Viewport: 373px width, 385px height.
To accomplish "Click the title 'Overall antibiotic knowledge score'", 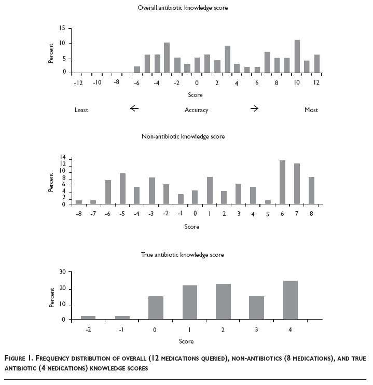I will (183, 8).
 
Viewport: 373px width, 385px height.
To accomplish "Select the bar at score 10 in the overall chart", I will (297, 57).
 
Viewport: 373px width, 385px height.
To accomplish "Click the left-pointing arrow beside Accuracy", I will (134, 108).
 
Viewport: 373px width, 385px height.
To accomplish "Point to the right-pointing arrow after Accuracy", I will (254, 108).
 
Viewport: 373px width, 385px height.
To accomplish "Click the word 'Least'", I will (81, 110).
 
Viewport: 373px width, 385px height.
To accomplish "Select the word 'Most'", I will (311, 110).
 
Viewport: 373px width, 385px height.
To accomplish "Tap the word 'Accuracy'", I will (196, 110).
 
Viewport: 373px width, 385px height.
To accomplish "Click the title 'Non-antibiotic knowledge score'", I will (183, 136).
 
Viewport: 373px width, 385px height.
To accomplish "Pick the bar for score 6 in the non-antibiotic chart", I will (282, 182).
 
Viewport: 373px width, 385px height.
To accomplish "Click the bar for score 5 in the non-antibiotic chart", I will (268, 202).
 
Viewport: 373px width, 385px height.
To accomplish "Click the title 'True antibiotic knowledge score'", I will (183, 255).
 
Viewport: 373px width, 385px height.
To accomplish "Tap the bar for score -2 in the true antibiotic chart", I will (89, 318).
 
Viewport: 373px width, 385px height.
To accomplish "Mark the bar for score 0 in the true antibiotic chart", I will (156, 308).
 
